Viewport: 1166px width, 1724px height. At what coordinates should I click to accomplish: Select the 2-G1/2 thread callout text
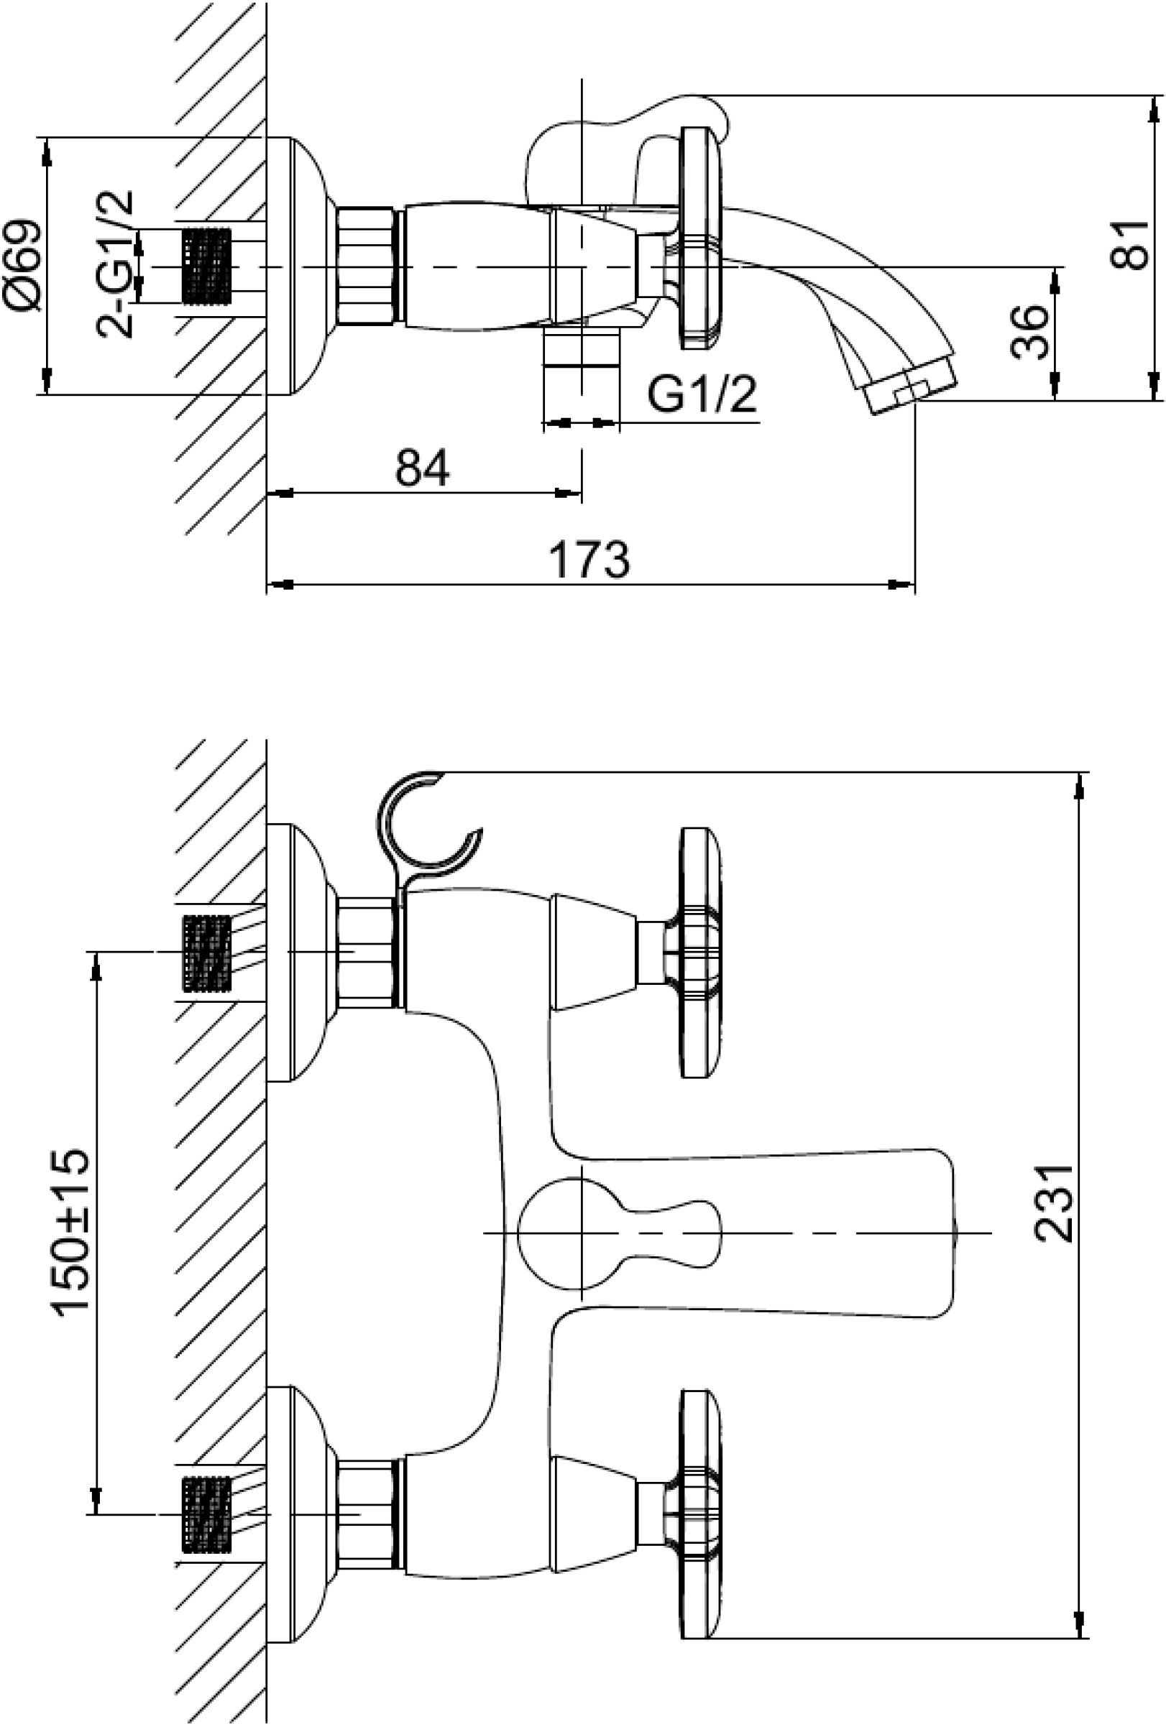116,264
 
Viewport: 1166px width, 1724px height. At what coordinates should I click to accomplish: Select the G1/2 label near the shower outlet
702,394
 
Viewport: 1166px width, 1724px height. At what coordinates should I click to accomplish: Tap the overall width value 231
1054,1202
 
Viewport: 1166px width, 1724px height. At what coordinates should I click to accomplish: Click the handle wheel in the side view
700,237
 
